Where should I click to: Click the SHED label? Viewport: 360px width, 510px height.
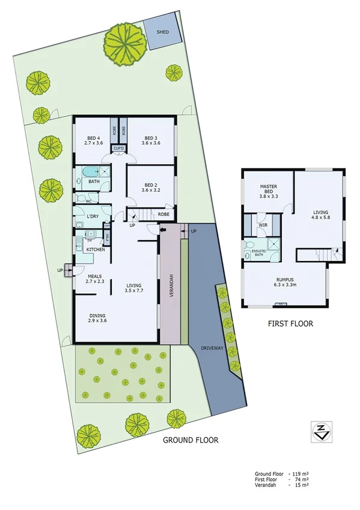tap(162, 32)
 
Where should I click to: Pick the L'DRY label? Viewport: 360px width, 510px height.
tap(93, 216)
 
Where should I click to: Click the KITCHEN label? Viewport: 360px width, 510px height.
tap(96, 249)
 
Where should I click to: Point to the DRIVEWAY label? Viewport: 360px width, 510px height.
tap(212, 348)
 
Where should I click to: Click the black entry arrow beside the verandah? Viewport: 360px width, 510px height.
tap(163, 230)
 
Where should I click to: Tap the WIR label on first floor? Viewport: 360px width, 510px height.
tap(262, 226)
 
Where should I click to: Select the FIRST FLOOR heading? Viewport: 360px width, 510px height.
tap(290, 324)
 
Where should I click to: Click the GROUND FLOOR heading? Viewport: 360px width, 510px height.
tap(191, 440)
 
